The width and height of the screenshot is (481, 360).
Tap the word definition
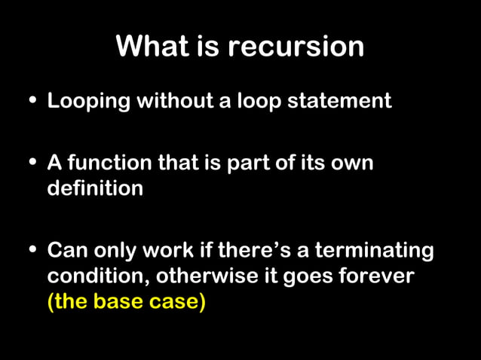[x=95, y=188]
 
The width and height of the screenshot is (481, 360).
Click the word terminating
[x=374, y=250]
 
